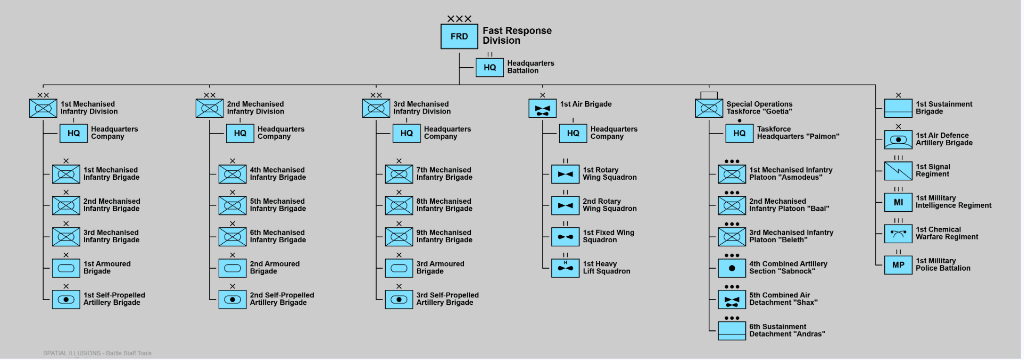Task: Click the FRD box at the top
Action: click(459, 37)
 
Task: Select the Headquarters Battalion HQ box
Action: click(489, 67)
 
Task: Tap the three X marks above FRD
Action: click(459, 19)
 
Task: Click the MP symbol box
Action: click(897, 265)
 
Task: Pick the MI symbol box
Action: click(897, 202)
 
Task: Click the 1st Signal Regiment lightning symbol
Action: click(897, 171)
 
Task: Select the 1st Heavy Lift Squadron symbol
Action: click(565, 268)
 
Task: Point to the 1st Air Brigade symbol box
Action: click(542, 108)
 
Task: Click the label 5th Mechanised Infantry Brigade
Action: click(278, 205)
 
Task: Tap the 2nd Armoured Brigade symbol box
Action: click(232, 268)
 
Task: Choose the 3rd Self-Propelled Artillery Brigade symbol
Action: click(398, 300)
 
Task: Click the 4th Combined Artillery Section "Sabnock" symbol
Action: click(731, 268)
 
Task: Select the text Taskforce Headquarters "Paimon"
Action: click(797, 133)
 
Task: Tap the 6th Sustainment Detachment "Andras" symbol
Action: click(731, 331)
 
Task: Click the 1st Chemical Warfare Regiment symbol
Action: click(897, 233)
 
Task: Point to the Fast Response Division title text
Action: click(516, 35)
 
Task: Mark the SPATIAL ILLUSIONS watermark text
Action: click(97, 353)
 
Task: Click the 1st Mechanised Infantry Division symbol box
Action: click(43, 108)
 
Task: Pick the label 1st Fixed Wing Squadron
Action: click(608, 236)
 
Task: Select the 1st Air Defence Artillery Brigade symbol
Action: click(897, 140)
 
